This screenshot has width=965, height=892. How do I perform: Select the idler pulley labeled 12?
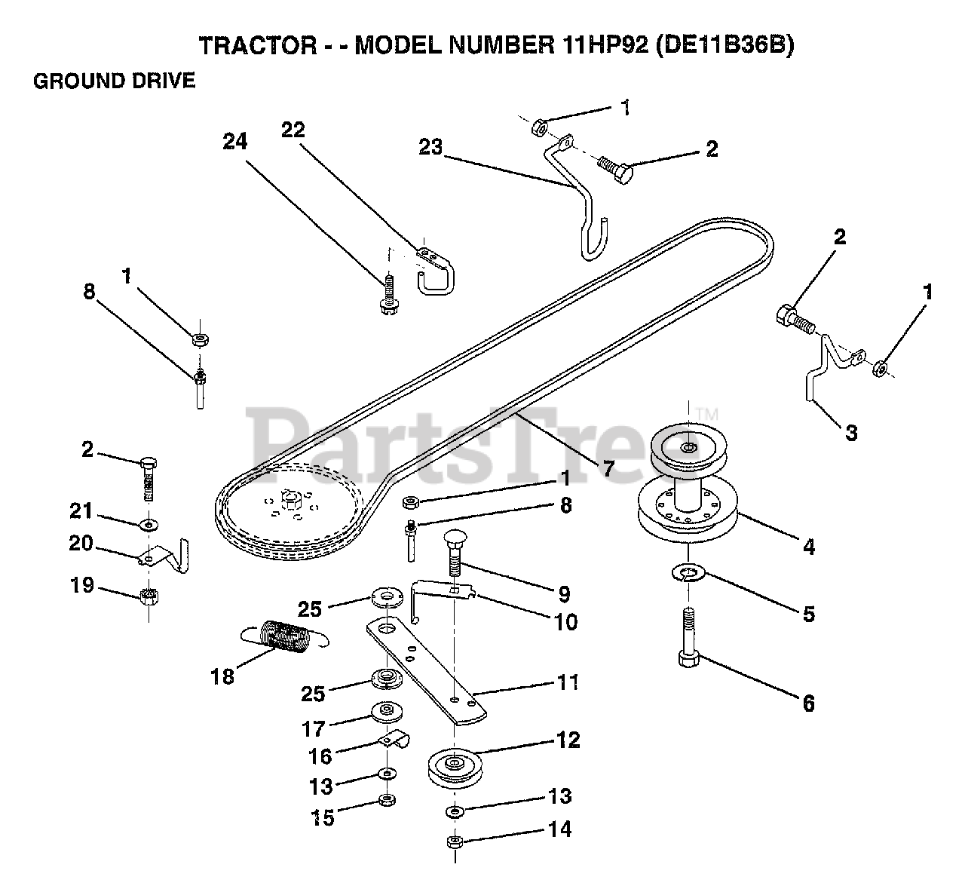455,766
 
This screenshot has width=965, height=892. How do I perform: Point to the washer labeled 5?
687,577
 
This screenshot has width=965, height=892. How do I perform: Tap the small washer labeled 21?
149,523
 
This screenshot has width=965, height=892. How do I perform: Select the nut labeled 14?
454,841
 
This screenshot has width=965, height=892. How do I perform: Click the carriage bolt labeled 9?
455,555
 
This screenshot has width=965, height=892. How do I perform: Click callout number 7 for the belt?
608,467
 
